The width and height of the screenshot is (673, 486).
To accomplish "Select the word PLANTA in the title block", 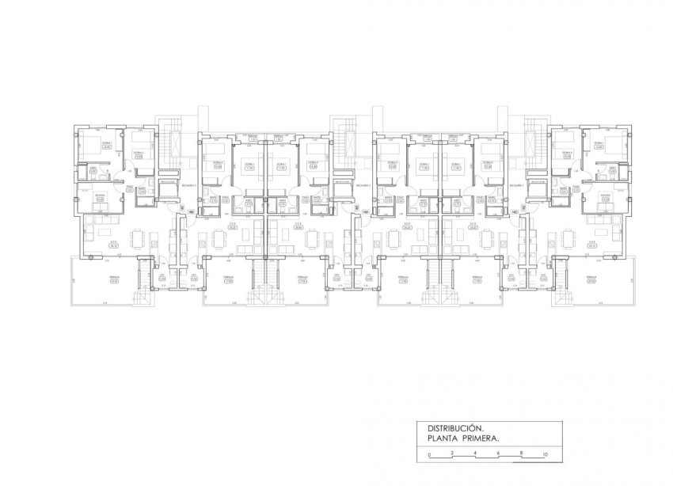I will (x=443, y=437).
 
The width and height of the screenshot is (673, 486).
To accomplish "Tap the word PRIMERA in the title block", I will (x=481, y=437).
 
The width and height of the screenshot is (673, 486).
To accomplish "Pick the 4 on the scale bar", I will (x=474, y=452).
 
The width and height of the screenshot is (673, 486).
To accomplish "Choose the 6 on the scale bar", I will (x=498, y=452).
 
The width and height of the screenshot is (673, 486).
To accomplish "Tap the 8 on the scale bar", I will (x=522, y=452).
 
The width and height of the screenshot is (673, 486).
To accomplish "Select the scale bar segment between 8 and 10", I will (x=534, y=458).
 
